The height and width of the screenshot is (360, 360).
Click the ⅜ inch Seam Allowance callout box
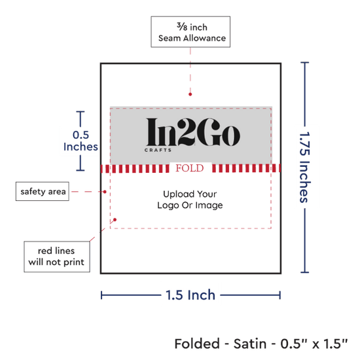[190, 32]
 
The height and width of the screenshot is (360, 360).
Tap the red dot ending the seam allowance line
[190, 94]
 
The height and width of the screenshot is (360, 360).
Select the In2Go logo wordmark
[193, 132]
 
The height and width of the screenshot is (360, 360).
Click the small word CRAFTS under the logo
[158, 150]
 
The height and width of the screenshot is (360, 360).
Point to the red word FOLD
[190, 168]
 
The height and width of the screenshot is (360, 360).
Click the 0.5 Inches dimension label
[81, 141]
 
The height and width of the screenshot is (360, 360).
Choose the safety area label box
[43, 191]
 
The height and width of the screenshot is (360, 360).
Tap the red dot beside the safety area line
[105, 192]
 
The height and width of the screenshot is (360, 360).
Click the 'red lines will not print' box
[57, 257]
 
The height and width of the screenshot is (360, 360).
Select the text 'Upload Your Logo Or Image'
[190, 200]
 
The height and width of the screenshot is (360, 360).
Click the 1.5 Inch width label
[190, 295]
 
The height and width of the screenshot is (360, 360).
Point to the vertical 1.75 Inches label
[305, 167]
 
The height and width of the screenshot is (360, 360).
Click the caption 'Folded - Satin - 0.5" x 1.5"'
[261, 344]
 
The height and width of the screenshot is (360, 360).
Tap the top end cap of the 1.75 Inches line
[304, 62]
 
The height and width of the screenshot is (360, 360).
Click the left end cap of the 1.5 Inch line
[101, 295]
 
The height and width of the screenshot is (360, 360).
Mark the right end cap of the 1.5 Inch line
[280, 295]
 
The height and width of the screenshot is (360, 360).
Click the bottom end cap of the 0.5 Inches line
[81, 170]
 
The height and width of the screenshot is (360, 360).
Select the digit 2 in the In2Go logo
[187, 132]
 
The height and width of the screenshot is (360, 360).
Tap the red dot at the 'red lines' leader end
[115, 220]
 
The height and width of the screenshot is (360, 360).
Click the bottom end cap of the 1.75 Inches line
[304, 272]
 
